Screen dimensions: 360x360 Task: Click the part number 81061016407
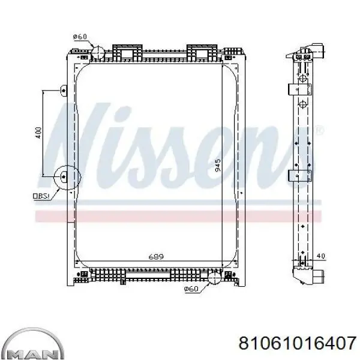pyautogui.click(x=298, y=343)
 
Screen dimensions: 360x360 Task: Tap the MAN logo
pyautogui.click(x=33, y=344)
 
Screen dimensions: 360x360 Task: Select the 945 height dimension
pyautogui.click(x=218, y=166)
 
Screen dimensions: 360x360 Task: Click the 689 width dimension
pyautogui.click(x=156, y=256)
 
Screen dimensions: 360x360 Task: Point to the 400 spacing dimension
pyautogui.click(x=38, y=133)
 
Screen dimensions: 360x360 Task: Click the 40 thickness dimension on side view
pyautogui.click(x=320, y=256)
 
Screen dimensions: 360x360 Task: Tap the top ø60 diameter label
pyautogui.click(x=80, y=37)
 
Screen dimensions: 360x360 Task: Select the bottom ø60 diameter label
pyautogui.click(x=191, y=289)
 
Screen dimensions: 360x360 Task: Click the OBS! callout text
pyautogui.click(x=41, y=196)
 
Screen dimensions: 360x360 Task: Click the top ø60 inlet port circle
pyautogui.click(x=98, y=52)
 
